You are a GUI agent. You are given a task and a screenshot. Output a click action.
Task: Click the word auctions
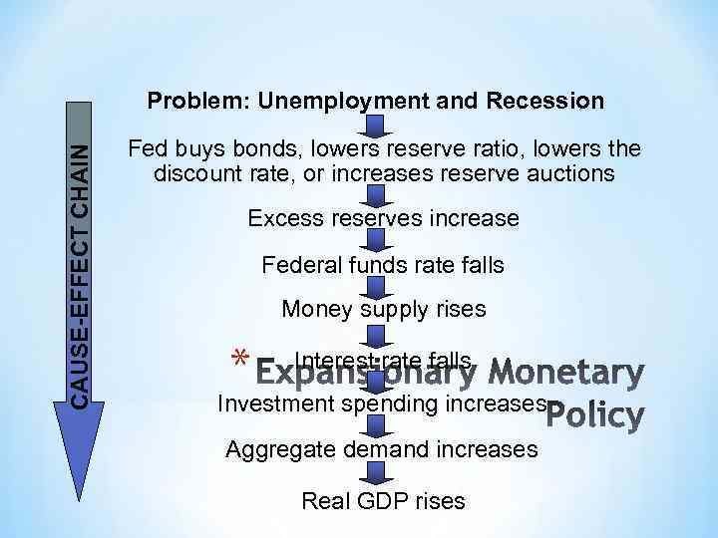pos(572,173)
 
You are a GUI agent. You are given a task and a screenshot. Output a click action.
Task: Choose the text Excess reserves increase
pos(383,218)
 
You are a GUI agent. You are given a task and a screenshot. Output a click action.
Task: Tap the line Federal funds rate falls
pos(383,265)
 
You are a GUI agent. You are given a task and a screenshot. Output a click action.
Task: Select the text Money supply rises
pos(384,309)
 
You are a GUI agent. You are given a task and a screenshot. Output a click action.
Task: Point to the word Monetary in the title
pos(570,374)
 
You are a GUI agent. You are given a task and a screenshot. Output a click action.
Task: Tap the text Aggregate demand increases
pos(382,450)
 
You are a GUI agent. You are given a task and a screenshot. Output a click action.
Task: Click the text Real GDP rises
pos(384,500)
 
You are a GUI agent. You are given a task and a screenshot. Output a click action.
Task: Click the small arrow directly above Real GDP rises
pos(373,474)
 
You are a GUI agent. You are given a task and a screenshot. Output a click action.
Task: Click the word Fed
pos(148,149)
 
